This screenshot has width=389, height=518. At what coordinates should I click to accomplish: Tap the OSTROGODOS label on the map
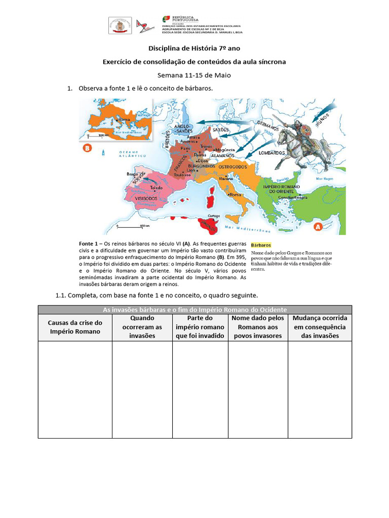232,166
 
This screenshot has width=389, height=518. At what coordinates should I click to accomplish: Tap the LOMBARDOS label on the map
273,152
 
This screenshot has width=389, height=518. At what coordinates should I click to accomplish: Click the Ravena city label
225,179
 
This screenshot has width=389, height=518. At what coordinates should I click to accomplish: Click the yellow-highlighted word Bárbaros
261,245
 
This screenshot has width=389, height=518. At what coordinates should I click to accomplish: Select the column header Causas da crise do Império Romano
75,326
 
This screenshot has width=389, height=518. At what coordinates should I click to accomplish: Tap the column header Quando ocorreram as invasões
142,326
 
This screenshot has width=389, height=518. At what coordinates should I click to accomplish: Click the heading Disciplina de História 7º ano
194,49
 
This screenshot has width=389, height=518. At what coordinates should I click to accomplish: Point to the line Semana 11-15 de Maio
194,75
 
